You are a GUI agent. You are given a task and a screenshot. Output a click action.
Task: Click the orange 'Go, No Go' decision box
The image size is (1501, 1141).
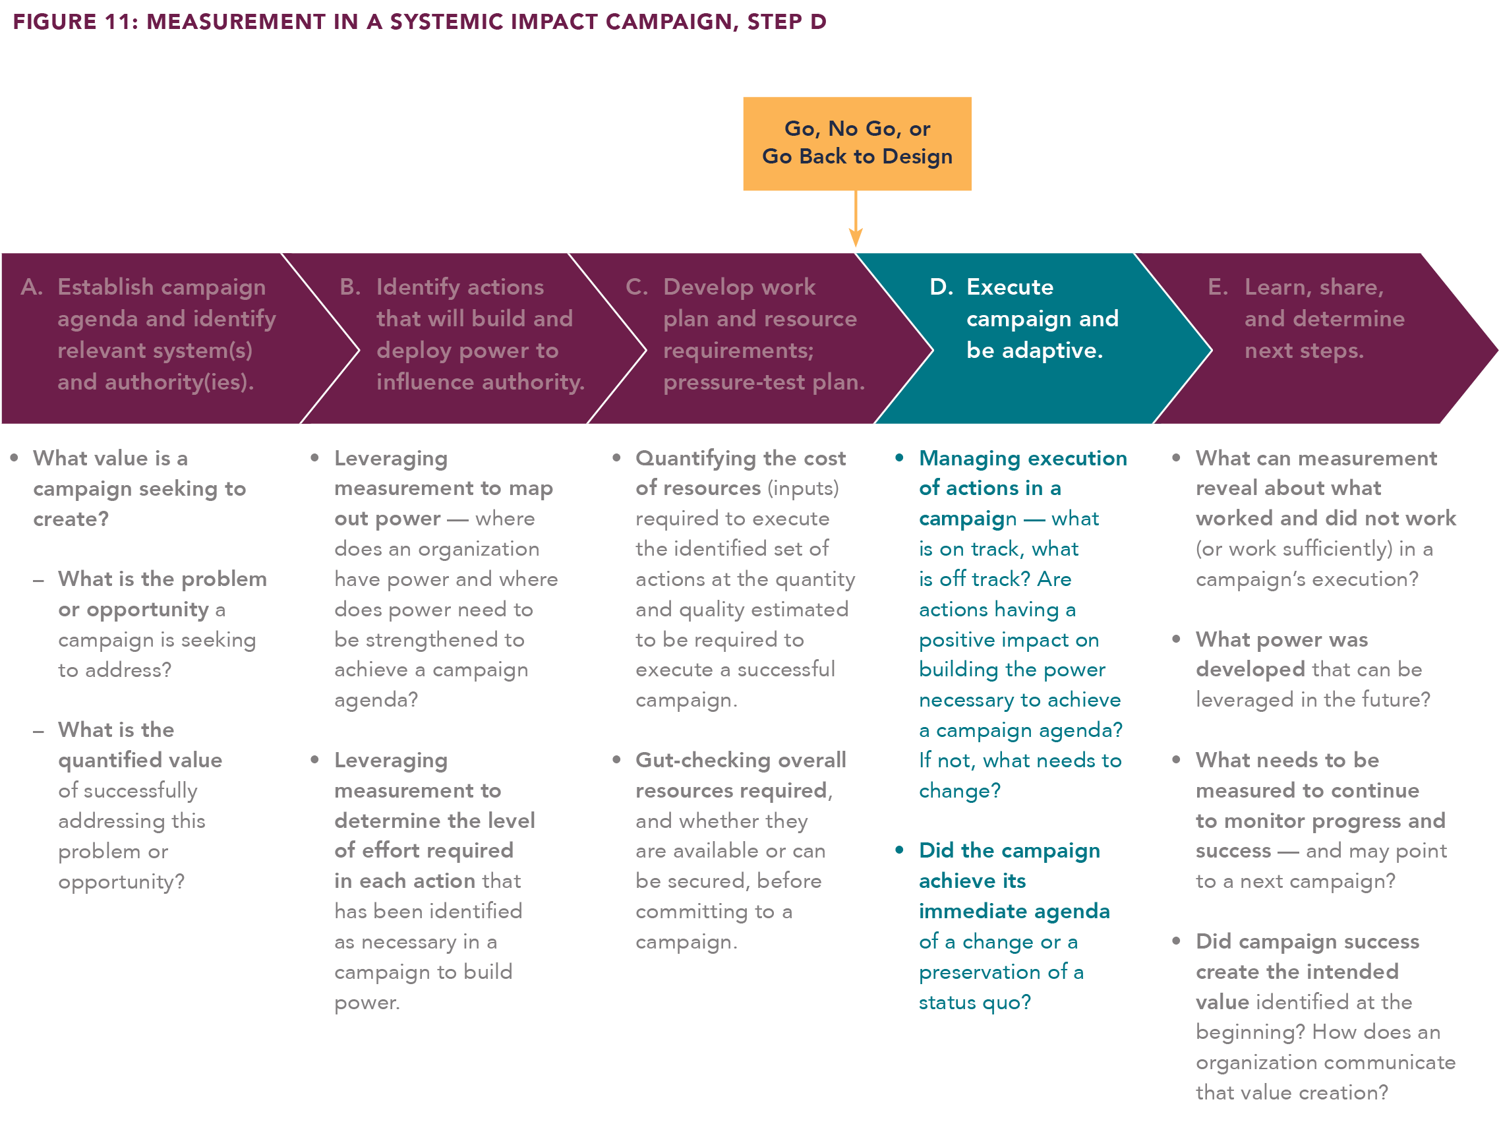tap(856, 143)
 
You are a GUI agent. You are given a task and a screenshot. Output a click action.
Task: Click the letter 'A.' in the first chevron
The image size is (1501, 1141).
tap(31, 287)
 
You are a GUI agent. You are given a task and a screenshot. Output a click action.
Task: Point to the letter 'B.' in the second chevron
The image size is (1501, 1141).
tap(350, 287)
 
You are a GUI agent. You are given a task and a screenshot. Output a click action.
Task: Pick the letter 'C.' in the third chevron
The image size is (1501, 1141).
tap(636, 287)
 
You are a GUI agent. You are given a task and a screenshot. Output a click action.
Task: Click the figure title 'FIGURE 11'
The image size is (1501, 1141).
tap(74, 22)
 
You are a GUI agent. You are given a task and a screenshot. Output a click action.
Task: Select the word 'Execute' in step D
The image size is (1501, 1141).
tap(1009, 287)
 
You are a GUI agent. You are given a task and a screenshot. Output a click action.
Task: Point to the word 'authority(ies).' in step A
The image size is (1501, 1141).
tap(156, 382)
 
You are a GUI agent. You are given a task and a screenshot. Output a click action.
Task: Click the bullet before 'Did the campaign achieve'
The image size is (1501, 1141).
tap(899, 850)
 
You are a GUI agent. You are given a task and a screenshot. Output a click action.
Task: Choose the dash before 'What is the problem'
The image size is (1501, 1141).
tap(39, 580)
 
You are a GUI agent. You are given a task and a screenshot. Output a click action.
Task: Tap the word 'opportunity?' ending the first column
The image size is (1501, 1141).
tap(121, 881)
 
